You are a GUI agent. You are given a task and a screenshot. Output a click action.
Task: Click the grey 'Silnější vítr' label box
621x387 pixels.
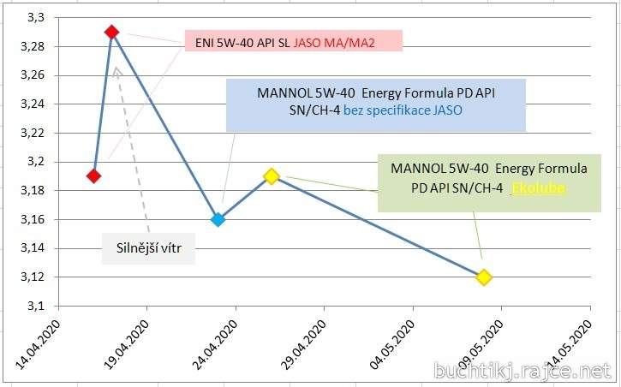click(x=149, y=248)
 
